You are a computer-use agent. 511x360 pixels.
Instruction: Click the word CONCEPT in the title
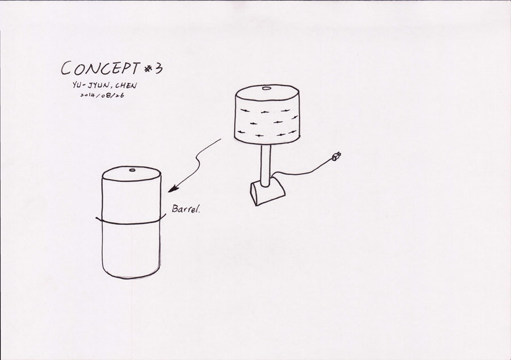(x=100, y=68)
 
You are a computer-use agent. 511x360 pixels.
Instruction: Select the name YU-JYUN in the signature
(x=92, y=85)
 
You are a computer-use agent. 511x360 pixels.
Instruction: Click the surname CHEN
(x=126, y=86)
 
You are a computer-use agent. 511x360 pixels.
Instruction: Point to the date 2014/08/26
(x=102, y=95)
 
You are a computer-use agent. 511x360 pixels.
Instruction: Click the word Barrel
(x=186, y=209)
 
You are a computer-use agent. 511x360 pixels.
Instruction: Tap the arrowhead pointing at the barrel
(x=173, y=189)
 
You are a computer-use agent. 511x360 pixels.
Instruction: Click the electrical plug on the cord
(x=336, y=157)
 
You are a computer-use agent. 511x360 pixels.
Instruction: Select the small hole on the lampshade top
(x=266, y=88)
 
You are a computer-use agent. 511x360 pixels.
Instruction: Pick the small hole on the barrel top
(x=132, y=170)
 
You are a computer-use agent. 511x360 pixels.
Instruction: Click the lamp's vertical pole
(x=266, y=165)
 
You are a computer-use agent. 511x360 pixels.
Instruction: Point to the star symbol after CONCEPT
(x=148, y=68)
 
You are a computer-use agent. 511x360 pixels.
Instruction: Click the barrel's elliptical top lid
(x=131, y=174)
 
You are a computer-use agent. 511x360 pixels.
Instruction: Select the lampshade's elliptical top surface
(x=267, y=93)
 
